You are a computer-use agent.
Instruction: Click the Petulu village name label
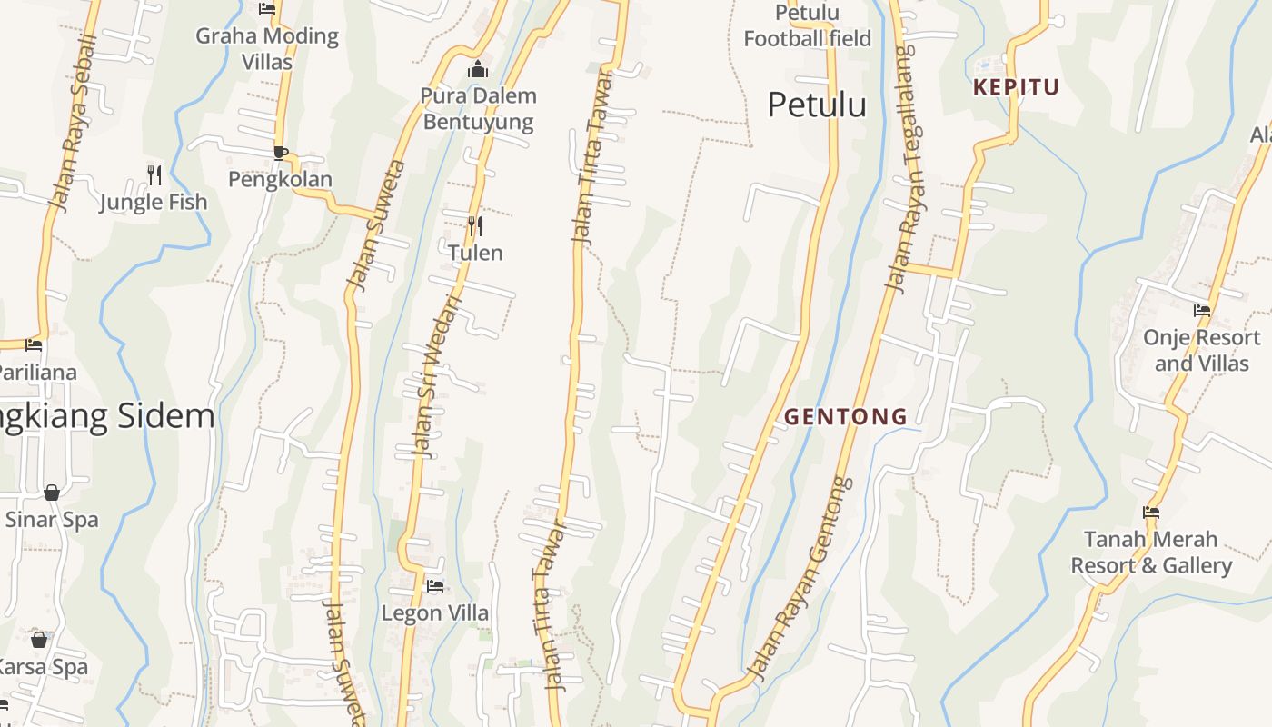pyautogui.click(x=817, y=105)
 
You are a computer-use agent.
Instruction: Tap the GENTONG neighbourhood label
pyautogui.click(x=845, y=416)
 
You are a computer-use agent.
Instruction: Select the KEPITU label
pyautogui.click(x=1017, y=87)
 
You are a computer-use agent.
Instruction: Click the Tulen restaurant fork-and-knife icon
pyautogui.click(x=474, y=225)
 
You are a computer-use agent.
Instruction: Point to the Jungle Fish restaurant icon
pyautogui.click(x=154, y=174)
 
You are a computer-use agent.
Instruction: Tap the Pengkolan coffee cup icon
pyautogui.click(x=280, y=153)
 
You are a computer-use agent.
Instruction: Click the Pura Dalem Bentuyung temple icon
pyautogui.click(x=478, y=69)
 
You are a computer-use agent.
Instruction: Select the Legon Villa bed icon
pyautogui.click(x=435, y=586)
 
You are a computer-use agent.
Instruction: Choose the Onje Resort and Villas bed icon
pyautogui.click(x=1202, y=311)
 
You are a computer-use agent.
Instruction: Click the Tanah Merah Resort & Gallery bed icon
pyautogui.click(x=1151, y=513)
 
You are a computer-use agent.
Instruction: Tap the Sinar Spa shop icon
pyautogui.click(x=52, y=493)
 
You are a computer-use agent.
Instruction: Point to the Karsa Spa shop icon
pyautogui.click(x=39, y=640)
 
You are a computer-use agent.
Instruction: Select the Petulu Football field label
pyautogui.click(x=807, y=25)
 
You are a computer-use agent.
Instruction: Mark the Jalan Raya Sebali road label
pyautogui.click(x=75, y=123)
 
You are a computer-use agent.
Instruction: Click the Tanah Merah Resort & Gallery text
pyautogui.click(x=1151, y=553)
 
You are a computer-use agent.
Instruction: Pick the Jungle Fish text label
pyautogui.click(x=154, y=202)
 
